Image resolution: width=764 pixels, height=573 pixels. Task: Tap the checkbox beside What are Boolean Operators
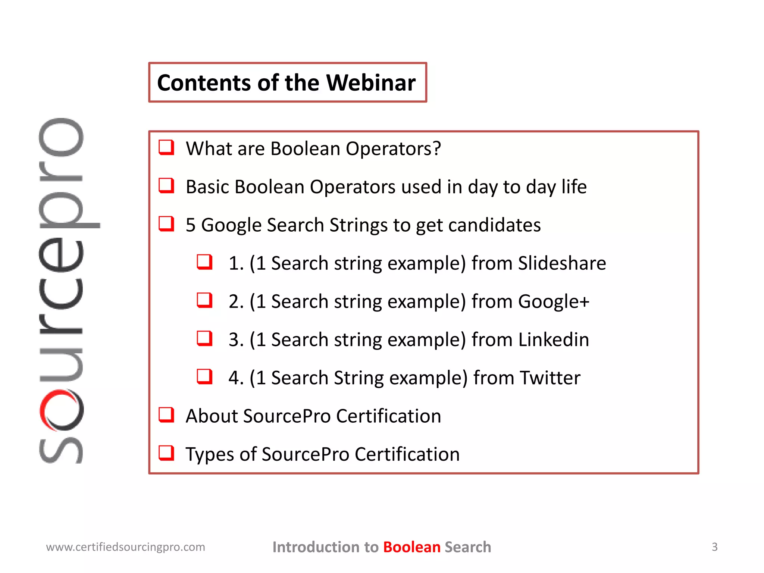pos(166,147)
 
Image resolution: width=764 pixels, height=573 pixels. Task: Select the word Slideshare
pos(562,263)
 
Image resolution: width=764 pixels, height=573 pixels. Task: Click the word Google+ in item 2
pos(554,301)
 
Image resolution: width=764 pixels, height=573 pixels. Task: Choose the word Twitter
pos(550,378)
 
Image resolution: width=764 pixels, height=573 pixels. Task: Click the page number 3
pos(714,547)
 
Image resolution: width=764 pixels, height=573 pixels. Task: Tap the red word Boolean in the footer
pos(412,547)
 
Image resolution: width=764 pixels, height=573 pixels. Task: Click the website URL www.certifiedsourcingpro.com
pos(126,547)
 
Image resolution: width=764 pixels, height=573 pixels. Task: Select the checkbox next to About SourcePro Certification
pos(166,414)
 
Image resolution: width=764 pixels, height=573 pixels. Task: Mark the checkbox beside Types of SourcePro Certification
pos(166,453)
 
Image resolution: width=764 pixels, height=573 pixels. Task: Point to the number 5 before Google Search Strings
pos(191,225)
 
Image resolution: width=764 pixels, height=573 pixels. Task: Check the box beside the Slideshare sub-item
pos(205,262)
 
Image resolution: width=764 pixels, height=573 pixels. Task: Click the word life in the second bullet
pos(574,187)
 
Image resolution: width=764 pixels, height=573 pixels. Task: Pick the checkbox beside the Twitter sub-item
pos(205,376)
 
